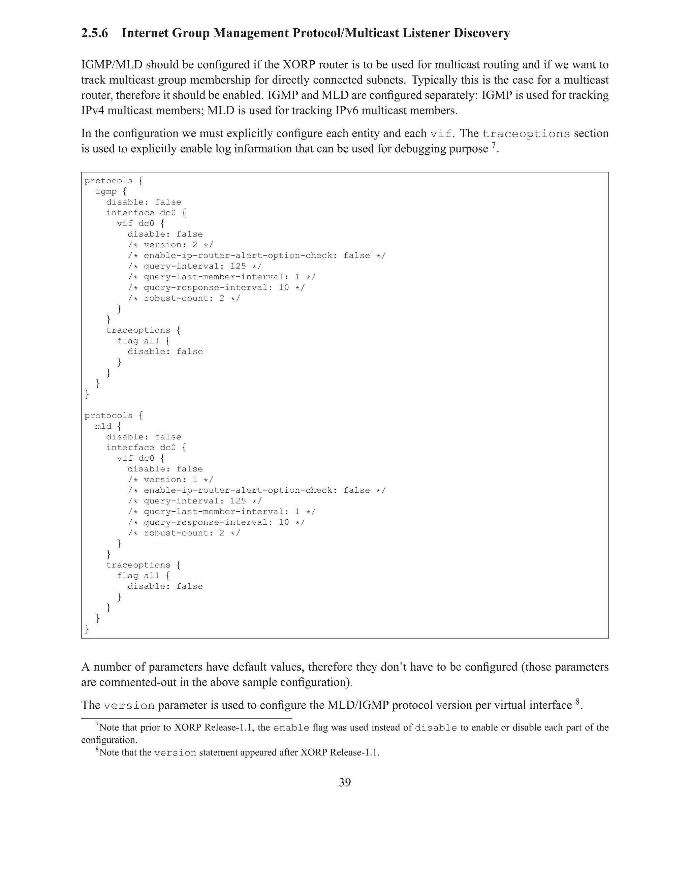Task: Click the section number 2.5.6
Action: [94, 33]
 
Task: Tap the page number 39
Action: [345, 782]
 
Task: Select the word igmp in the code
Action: [106, 191]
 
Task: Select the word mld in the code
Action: [103, 426]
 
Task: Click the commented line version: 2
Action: [170, 245]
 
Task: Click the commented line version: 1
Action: [170, 480]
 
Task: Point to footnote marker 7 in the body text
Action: [493, 145]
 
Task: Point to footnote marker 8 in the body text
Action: [577, 702]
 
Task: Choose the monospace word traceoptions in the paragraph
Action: [526, 134]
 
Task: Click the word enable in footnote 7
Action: [291, 728]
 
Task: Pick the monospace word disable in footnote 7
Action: [436, 728]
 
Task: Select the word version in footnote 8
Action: [175, 753]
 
